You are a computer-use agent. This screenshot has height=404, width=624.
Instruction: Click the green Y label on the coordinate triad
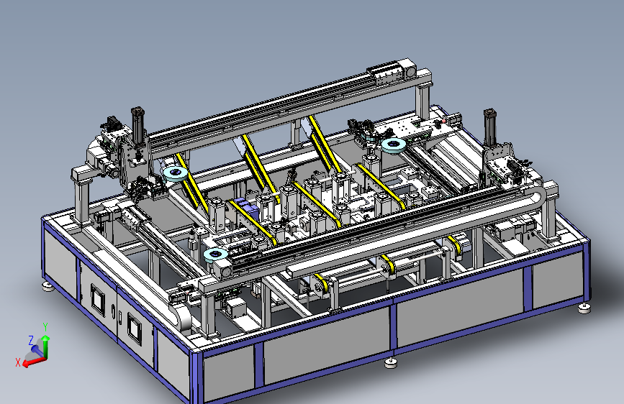pos(45,327)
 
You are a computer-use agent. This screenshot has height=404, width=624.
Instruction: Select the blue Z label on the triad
pos(31,340)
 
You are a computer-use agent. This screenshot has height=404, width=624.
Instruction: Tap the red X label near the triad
pos(18,362)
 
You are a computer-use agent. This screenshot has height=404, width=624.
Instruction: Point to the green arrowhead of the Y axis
pos(46,338)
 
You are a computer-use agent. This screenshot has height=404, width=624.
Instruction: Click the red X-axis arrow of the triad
pos(34,362)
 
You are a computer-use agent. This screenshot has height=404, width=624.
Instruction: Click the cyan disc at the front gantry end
pos(215,255)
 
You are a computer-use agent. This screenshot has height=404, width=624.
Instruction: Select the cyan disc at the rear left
pos(176,173)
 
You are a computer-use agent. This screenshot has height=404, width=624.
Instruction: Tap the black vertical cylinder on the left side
pos(137,124)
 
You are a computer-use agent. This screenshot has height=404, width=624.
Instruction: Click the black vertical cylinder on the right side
pos(490,127)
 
